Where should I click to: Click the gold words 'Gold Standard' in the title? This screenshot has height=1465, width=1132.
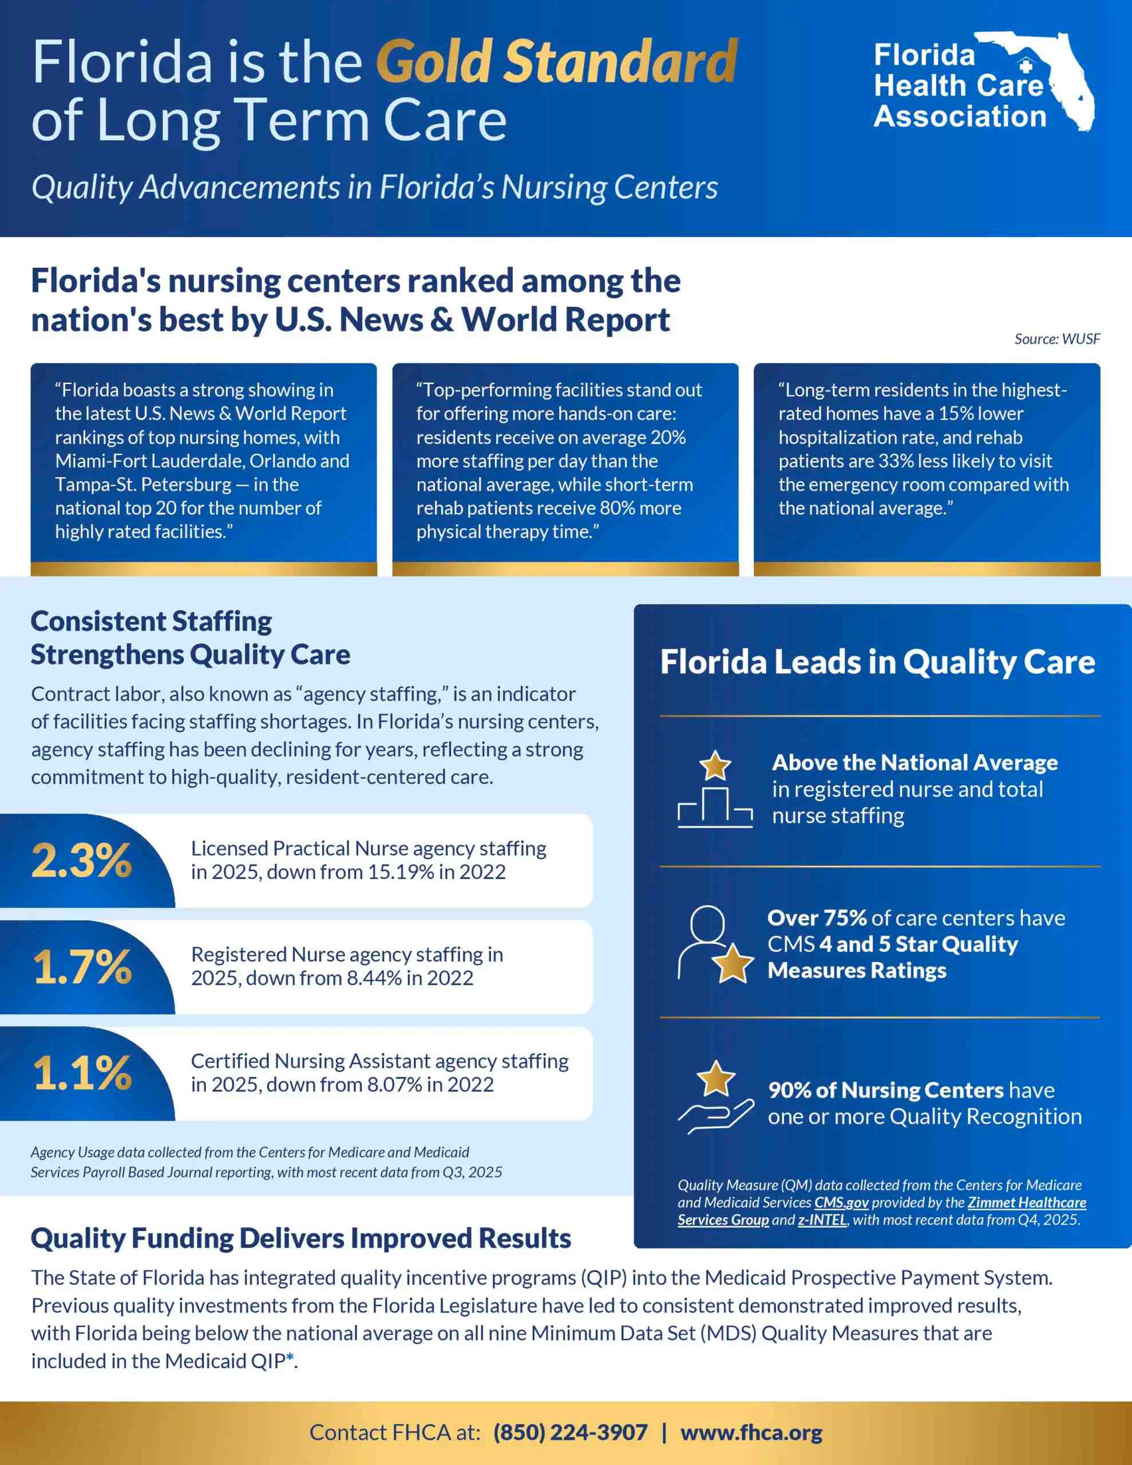tap(556, 61)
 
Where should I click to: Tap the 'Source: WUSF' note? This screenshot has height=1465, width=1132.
tap(1057, 339)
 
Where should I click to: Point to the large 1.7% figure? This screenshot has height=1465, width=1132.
tap(82, 967)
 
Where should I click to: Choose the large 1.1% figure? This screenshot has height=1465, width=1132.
tap(82, 1072)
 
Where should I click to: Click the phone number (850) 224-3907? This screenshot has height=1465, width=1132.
tap(571, 1432)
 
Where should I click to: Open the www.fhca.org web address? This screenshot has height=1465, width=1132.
tap(751, 1432)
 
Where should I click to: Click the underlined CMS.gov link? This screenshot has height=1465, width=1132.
tap(841, 1203)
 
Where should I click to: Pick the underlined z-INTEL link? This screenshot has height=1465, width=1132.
tap(822, 1220)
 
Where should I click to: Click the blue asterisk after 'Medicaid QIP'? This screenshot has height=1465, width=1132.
tap(290, 1359)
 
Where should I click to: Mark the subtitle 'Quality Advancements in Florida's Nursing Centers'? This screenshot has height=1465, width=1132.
tap(375, 187)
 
